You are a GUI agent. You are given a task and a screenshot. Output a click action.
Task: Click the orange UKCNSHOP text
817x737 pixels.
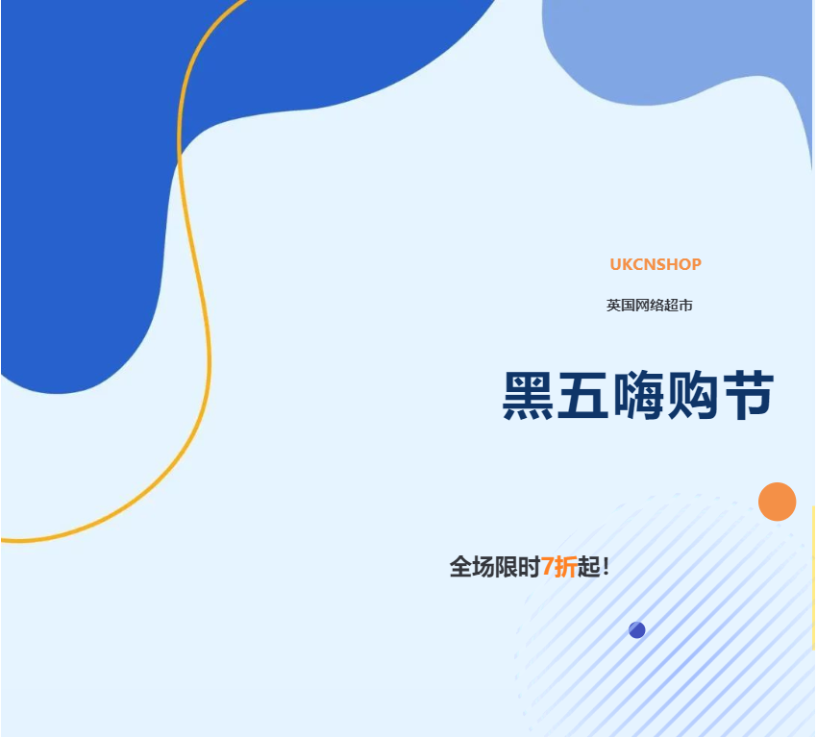pyautogui.click(x=656, y=264)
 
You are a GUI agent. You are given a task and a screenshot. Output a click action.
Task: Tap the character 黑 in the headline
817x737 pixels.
pyautogui.click(x=528, y=395)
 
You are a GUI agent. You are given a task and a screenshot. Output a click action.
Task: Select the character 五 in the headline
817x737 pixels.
pyautogui.click(x=583, y=395)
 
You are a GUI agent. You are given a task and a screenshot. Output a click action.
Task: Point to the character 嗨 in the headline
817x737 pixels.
pyautogui.click(x=638, y=395)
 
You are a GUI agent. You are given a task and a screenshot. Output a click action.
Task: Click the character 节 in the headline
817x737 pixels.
pyautogui.click(x=748, y=395)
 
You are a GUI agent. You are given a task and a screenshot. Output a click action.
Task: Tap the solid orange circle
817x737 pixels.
pyautogui.click(x=777, y=502)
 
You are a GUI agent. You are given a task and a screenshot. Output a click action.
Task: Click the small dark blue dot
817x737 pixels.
pyautogui.click(x=636, y=629)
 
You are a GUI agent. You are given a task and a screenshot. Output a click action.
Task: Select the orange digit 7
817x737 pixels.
pyautogui.click(x=547, y=566)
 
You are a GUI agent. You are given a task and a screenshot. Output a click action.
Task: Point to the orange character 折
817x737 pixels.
pyautogui.click(x=565, y=566)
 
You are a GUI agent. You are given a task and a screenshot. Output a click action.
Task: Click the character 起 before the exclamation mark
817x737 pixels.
pyautogui.click(x=589, y=566)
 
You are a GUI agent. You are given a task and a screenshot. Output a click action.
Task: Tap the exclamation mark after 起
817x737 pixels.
pyautogui.click(x=606, y=566)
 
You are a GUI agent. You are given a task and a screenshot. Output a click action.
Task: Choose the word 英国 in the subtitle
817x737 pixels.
pyautogui.click(x=621, y=306)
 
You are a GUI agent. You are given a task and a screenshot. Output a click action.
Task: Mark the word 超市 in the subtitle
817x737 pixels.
pyautogui.click(x=679, y=306)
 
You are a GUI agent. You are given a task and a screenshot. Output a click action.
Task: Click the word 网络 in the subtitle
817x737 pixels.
pyautogui.click(x=649, y=306)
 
